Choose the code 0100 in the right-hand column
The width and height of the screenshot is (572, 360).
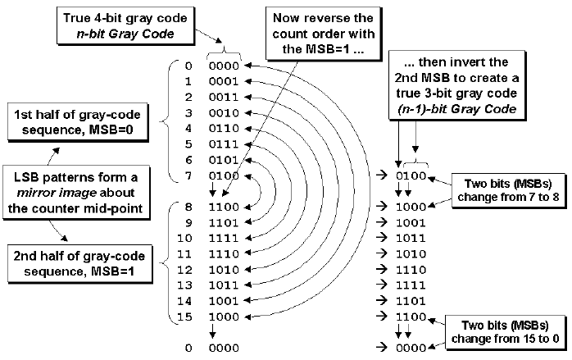[x=410, y=175]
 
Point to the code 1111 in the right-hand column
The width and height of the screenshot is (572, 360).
[x=410, y=285]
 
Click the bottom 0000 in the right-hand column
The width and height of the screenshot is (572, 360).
[x=410, y=348]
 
